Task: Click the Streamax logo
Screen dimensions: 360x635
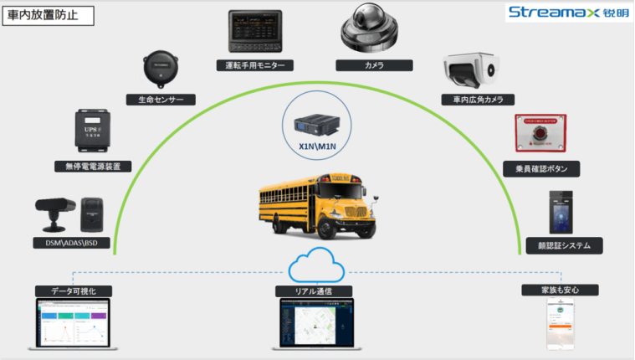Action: (566, 13)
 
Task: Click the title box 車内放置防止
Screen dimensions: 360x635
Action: (47, 15)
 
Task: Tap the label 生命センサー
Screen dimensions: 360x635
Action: (161, 99)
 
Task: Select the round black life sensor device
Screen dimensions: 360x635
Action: (159, 69)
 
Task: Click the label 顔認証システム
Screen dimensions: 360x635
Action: (560, 246)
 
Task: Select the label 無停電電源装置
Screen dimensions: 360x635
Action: (93, 167)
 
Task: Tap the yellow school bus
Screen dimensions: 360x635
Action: (315, 205)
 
